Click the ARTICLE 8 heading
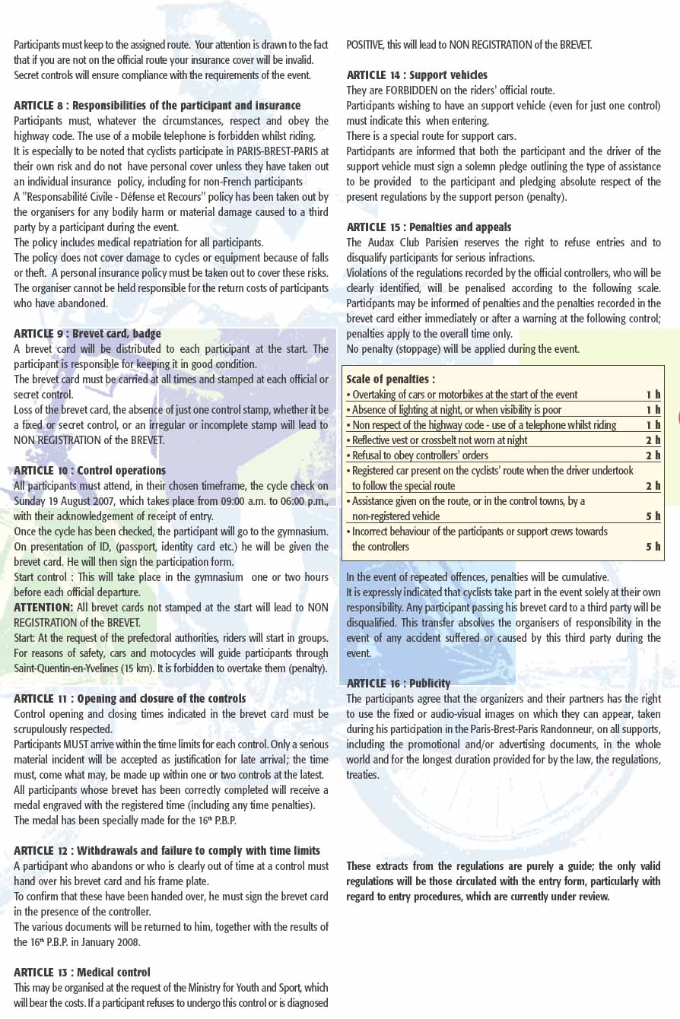pos(157,106)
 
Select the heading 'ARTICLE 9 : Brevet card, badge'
pos(87,334)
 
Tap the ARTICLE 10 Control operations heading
pos(89,471)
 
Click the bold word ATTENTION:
pos(43,608)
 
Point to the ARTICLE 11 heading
pos(129,699)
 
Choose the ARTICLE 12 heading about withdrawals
pos(167,851)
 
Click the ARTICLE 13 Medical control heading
pos(81,973)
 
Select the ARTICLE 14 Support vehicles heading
pos(417,75)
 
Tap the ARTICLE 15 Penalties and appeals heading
pos(428,227)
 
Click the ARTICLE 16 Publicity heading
pos(398,684)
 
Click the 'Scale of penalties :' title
pos(390,379)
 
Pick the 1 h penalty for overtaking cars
pos(653,395)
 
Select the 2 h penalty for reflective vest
pos(653,440)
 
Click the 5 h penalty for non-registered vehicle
pos(653,516)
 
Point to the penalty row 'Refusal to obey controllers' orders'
pos(420,456)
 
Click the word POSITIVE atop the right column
pos(365,45)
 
